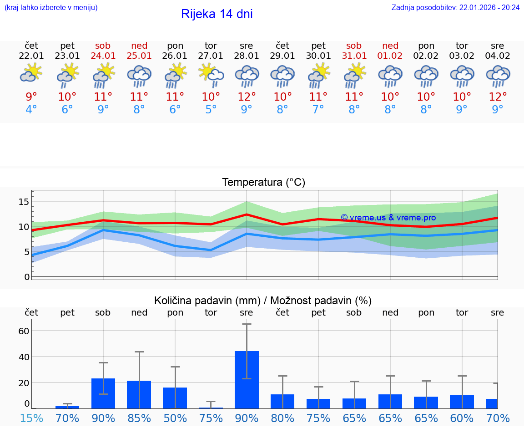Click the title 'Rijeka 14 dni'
[217, 14]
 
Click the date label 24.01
[103, 56]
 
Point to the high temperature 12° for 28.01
[247, 97]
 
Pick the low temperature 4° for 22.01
[31, 110]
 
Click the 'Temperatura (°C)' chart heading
[263, 182]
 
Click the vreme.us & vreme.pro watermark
[388, 218]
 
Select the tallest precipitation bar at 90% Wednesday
[247, 379]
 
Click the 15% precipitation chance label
[31, 418]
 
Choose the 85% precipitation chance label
[139, 418]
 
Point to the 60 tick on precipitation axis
[24, 331]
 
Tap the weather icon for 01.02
[390, 76]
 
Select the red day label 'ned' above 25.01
[139, 46]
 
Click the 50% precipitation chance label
[175, 418]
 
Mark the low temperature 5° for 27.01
[211, 110]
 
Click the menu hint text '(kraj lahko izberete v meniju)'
[51, 7]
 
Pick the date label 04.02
[498, 56]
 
